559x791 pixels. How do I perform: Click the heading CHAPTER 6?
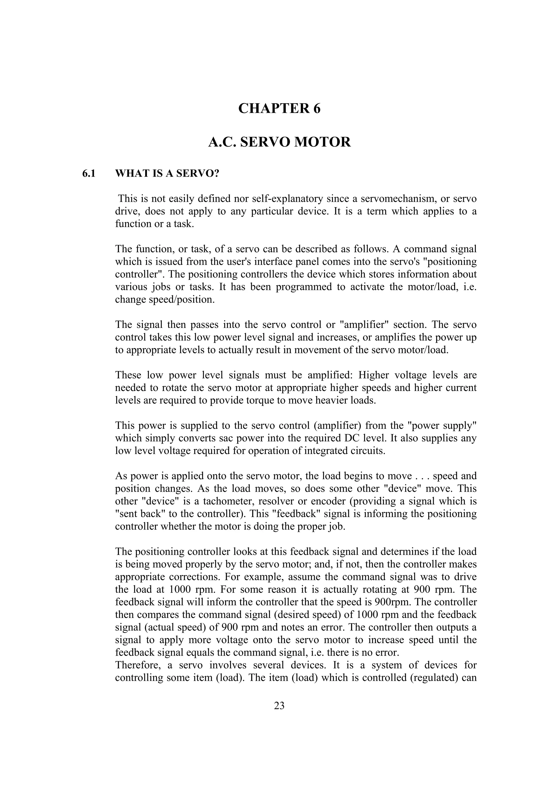[279, 108]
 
